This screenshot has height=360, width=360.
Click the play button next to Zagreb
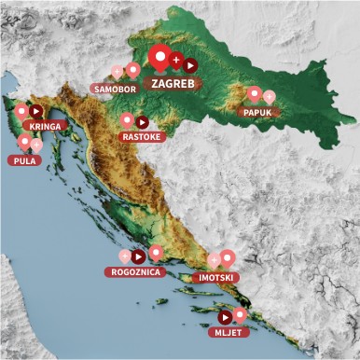click(189, 65)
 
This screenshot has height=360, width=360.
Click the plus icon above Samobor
click(117, 71)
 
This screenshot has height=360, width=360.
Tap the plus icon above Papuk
click(270, 96)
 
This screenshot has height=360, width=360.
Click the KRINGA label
click(47, 126)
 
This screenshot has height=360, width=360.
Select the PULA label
click(24, 160)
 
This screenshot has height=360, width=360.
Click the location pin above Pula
click(24, 143)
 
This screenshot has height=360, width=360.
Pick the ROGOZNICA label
click(137, 272)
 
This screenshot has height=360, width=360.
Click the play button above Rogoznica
click(138, 256)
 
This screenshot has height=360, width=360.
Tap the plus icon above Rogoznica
click(124, 256)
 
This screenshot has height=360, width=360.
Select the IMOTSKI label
click(216, 277)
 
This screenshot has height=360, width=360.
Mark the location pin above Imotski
click(228, 257)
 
